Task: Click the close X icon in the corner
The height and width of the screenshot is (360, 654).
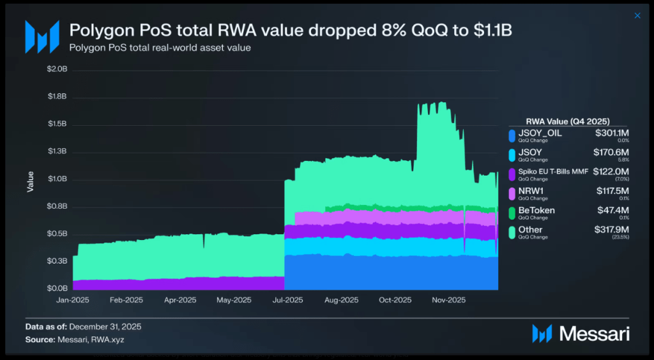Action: click(x=637, y=16)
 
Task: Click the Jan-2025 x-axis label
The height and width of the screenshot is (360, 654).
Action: click(x=72, y=299)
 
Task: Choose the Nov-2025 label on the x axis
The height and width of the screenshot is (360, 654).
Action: click(x=449, y=299)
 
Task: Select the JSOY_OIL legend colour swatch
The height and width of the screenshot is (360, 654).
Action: click(x=512, y=135)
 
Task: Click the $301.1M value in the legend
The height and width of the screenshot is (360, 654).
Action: click(x=612, y=133)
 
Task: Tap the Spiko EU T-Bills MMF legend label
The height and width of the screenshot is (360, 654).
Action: click(x=554, y=172)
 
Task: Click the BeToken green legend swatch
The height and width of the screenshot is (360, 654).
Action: click(x=512, y=213)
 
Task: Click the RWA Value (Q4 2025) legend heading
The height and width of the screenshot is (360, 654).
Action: click(x=568, y=121)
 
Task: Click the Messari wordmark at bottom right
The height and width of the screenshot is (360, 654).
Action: click(x=594, y=333)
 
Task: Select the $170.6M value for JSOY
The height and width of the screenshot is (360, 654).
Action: click(x=612, y=152)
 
